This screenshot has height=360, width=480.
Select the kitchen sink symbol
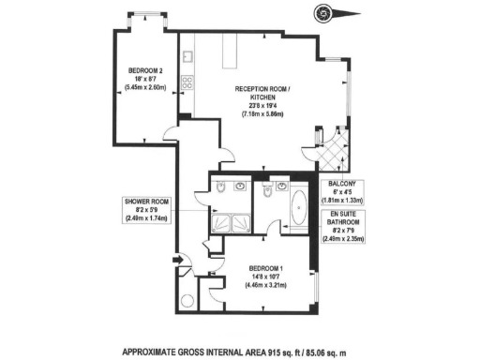point(187,60)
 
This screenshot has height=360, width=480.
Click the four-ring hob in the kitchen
point(187,82)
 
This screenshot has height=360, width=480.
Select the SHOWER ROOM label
point(143,201)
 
